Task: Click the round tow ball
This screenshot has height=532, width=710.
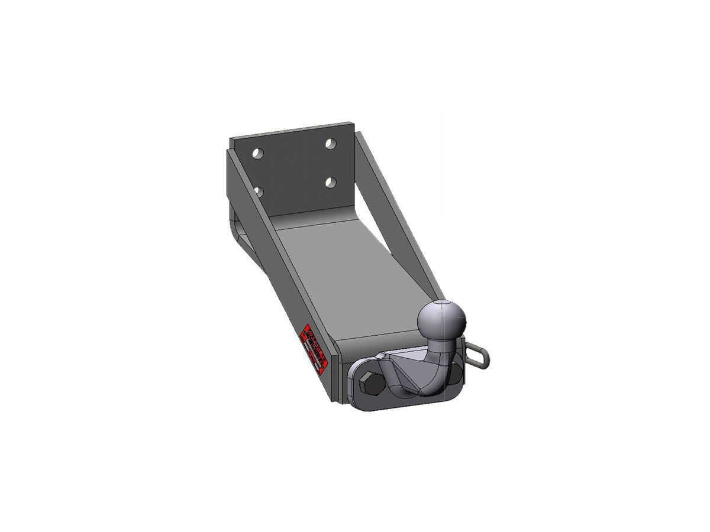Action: (442, 321)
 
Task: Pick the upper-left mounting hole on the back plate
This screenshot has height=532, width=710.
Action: (257, 154)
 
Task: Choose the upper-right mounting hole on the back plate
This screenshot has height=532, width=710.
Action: (331, 144)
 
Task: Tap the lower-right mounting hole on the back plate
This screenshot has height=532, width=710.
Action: (331, 181)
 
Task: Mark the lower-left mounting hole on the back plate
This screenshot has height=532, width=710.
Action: (258, 190)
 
